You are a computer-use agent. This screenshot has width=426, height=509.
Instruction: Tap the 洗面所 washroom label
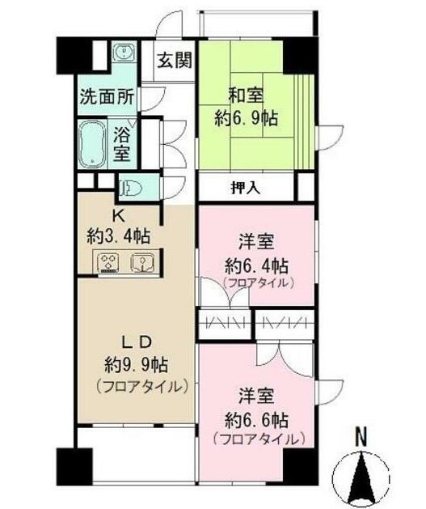pos(107,96)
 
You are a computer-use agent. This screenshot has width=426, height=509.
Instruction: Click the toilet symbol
pos(132,189)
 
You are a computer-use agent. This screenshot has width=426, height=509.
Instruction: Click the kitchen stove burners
pos(108,263)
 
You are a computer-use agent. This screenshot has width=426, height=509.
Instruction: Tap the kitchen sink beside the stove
pos(141,263)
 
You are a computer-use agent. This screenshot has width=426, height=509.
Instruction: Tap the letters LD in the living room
pos(135,341)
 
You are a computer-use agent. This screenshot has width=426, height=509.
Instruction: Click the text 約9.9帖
pos(136,363)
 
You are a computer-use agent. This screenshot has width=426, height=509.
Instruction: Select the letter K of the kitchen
pos(117,215)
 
